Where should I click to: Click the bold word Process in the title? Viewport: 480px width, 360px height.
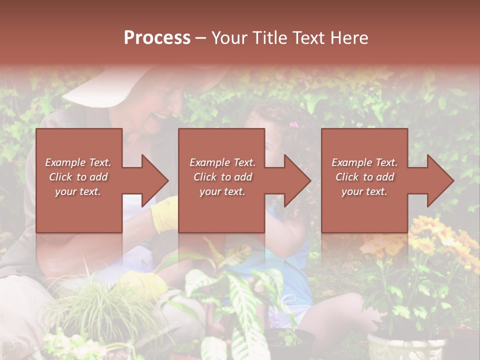coord(157,38)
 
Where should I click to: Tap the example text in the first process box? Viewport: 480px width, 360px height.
coord(78,177)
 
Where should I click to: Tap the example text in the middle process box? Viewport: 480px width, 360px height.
coord(222,177)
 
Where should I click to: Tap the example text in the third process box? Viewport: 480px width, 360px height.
coord(364,177)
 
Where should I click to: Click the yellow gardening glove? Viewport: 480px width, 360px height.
coord(164,214)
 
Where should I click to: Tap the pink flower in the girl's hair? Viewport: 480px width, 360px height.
coord(293,124)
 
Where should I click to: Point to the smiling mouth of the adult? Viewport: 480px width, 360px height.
coord(160,116)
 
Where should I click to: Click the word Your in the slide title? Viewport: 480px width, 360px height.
coord(228,38)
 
